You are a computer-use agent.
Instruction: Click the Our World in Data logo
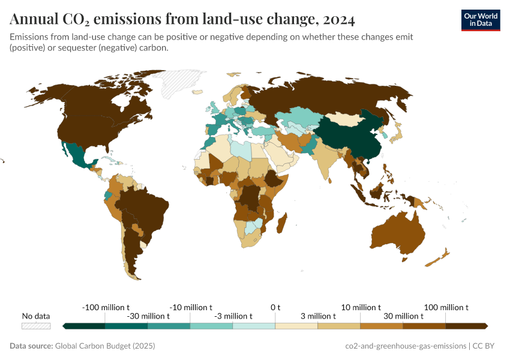(x=480, y=20)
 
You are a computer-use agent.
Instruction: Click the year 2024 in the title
(x=338, y=20)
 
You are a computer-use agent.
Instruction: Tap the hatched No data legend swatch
(x=36, y=326)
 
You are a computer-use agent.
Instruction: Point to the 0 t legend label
(x=275, y=307)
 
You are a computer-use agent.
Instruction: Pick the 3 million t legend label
(x=317, y=316)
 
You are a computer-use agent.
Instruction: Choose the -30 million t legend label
(x=148, y=316)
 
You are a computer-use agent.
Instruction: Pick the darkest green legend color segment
(x=83, y=326)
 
